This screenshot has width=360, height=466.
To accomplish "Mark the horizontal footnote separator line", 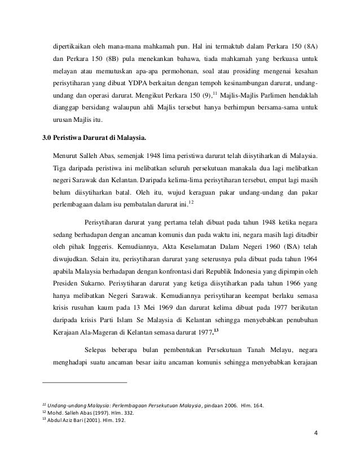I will [85, 384].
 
